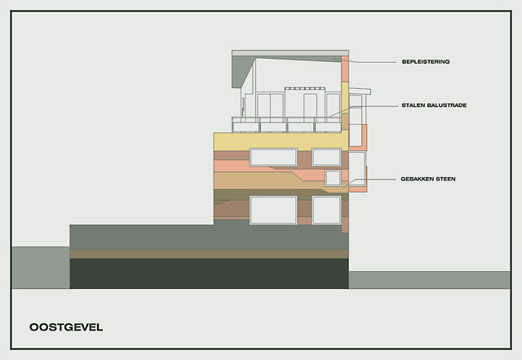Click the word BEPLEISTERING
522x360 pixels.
426,62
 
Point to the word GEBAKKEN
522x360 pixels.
417,179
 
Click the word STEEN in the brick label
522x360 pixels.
445,179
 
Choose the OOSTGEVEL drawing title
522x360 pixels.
66,327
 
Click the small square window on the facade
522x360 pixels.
333,178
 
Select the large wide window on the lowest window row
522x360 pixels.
273,210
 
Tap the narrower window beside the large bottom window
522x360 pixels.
326,210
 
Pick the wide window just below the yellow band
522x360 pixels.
273,158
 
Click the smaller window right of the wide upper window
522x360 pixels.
326,158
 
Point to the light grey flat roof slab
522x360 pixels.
290,53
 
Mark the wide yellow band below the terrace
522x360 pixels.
281,141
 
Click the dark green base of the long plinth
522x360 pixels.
209,273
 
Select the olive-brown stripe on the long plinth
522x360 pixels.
209,254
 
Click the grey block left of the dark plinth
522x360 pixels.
41,267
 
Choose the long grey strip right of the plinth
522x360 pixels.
430,280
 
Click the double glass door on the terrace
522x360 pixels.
270,105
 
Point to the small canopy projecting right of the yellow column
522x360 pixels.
360,91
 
